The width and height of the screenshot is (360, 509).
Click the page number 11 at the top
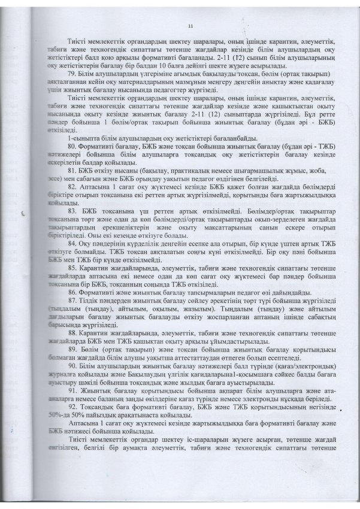pyautogui.click(x=190, y=26)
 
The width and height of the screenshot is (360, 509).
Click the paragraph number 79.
pyautogui.click(x=71, y=73)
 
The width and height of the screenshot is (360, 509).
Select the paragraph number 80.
pyautogui.click(x=71, y=146)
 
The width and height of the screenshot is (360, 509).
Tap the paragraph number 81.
pyautogui.click(x=71, y=169)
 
